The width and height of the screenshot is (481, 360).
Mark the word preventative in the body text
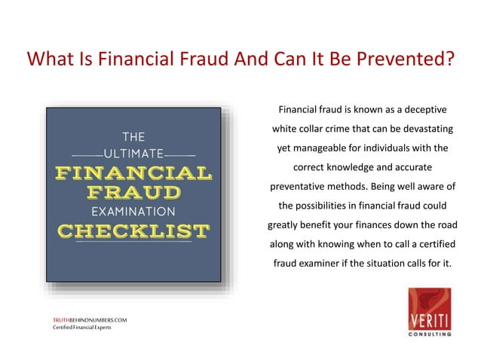(x=301, y=186)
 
